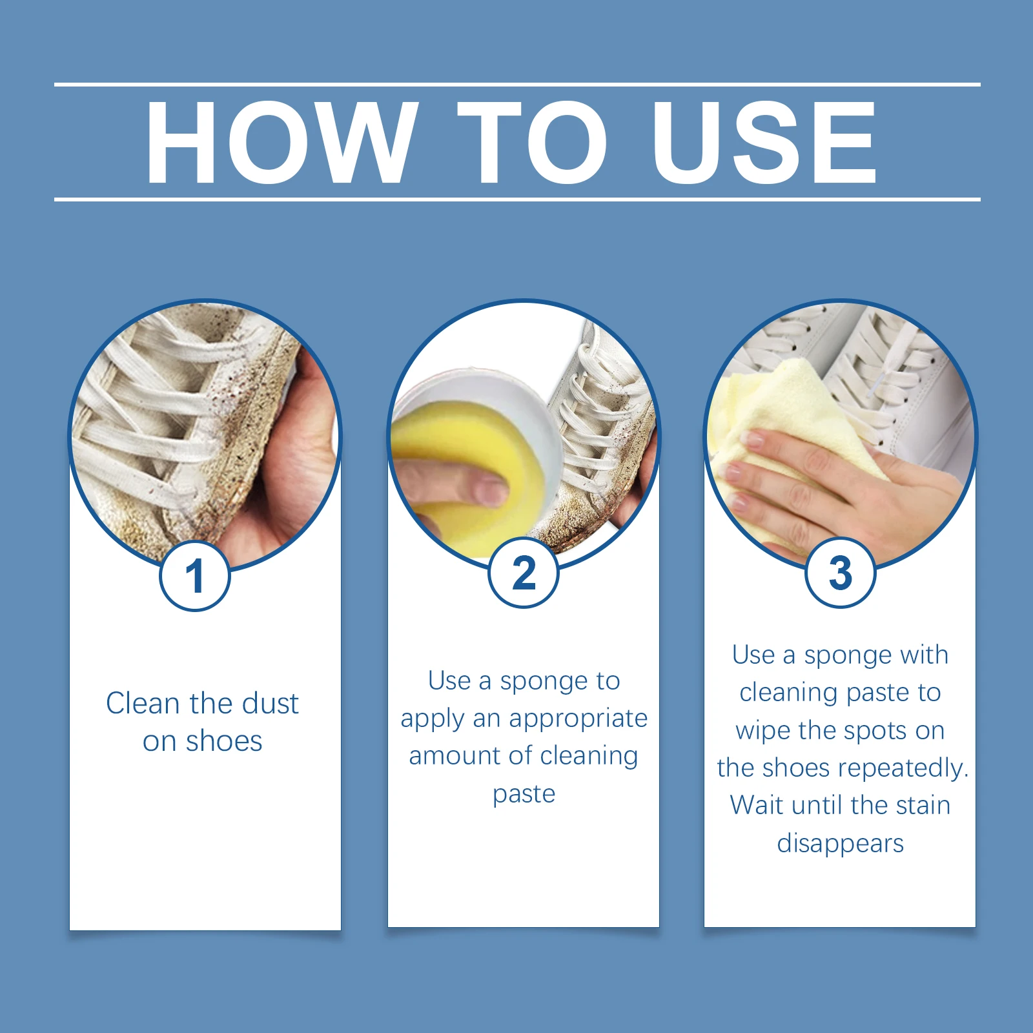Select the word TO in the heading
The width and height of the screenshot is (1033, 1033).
click(x=532, y=143)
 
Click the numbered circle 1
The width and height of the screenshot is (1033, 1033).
click(x=195, y=576)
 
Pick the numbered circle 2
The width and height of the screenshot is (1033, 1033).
click(x=524, y=573)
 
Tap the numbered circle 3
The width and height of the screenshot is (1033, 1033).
click(x=840, y=573)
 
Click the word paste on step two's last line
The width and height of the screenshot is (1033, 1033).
click(x=524, y=793)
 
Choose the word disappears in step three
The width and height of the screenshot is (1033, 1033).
click(x=840, y=843)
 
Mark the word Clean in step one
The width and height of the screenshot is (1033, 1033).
click(x=142, y=703)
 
